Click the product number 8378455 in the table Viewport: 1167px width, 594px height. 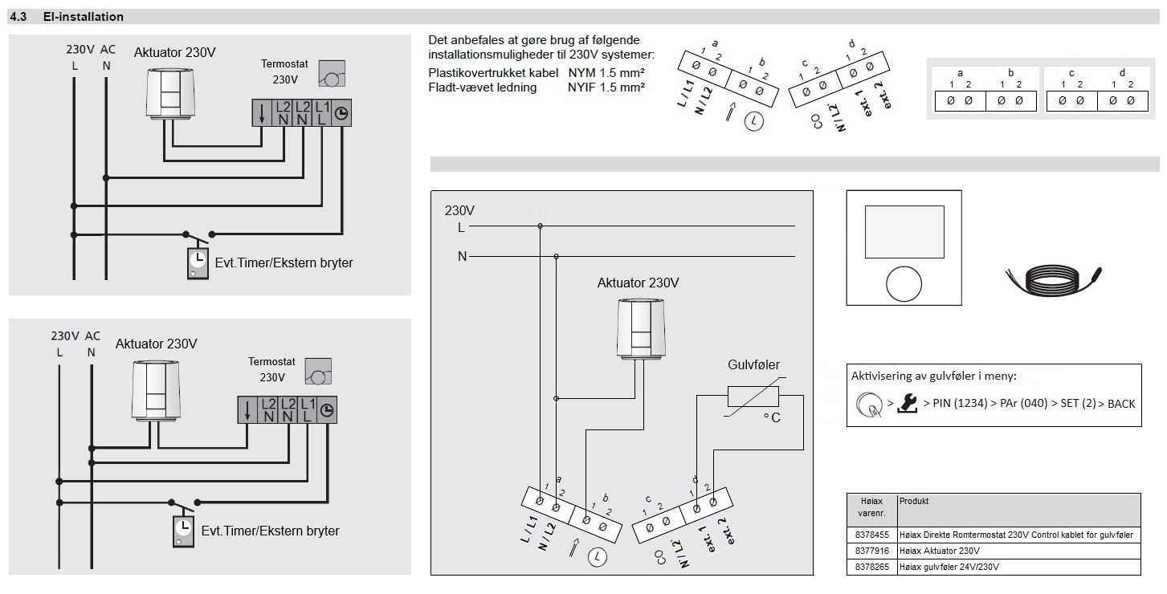(x=871, y=534)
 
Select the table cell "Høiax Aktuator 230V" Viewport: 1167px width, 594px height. (x=941, y=551)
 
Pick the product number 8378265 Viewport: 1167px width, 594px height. (x=871, y=567)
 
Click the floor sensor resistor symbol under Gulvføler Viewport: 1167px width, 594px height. (x=753, y=397)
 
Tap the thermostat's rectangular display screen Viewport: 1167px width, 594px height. (x=904, y=231)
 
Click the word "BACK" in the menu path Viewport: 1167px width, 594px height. (x=1121, y=403)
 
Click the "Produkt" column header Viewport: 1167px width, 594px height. (x=914, y=501)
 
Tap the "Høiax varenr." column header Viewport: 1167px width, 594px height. (x=871, y=507)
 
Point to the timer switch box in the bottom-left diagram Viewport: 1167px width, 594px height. (x=183, y=531)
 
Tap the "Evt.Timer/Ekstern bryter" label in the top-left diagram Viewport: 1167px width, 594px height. (x=284, y=262)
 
